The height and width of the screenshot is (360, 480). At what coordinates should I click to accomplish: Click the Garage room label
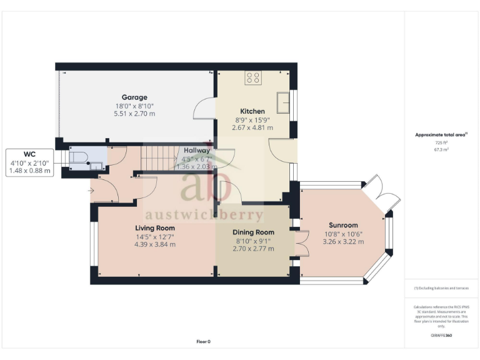tap(134, 97)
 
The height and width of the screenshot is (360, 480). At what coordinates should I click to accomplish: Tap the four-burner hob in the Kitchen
tap(254, 77)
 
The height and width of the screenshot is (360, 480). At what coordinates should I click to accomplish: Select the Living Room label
tap(155, 228)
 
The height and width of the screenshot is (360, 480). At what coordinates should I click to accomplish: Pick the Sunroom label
tap(343, 225)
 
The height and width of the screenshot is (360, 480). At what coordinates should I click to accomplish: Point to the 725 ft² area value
tap(442, 142)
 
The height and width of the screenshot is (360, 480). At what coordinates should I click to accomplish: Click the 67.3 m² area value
tap(442, 150)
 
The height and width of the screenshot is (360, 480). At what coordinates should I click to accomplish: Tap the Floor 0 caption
tap(204, 342)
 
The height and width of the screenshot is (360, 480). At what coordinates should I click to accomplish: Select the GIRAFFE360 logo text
tap(442, 336)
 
